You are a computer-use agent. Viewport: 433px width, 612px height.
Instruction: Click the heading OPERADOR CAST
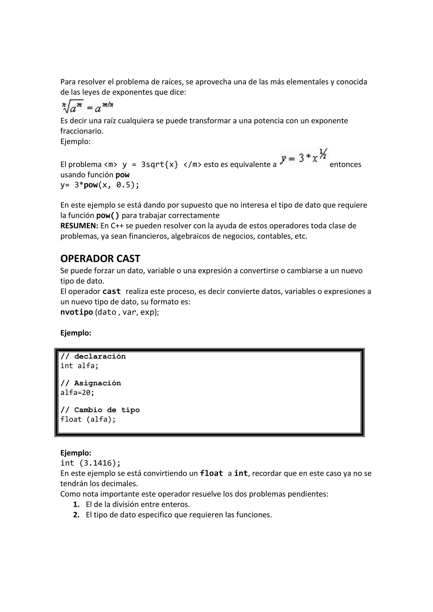click(x=100, y=258)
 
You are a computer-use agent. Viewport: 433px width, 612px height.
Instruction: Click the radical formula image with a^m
click(x=88, y=107)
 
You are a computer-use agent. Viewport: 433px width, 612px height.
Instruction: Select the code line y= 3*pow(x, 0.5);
click(x=100, y=185)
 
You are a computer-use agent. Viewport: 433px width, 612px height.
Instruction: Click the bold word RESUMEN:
click(x=79, y=226)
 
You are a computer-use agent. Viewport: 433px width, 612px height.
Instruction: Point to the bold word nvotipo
click(x=77, y=312)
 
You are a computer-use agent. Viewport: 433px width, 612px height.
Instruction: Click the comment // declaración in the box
click(x=93, y=356)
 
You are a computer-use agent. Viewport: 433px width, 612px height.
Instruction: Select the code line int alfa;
click(x=79, y=366)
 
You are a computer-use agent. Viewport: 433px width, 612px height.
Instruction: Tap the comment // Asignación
click(x=91, y=383)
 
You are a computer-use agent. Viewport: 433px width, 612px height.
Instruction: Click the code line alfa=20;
click(x=77, y=393)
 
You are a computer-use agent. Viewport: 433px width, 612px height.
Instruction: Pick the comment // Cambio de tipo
click(x=100, y=410)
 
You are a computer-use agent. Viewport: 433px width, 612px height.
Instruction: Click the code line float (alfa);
click(x=88, y=420)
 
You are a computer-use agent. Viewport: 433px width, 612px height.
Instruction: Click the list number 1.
click(x=76, y=504)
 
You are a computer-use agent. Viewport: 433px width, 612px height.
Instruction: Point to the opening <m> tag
click(x=110, y=165)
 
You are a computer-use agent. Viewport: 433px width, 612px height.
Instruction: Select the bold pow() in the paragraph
click(x=108, y=215)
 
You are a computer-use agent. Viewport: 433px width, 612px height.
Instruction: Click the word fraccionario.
click(x=82, y=131)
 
